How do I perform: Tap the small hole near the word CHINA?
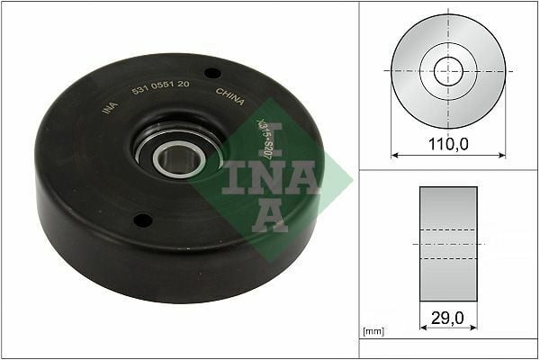[x=212, y=73]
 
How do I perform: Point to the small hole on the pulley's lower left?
[x=140, y=219]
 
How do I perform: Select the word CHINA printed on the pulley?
[x=230, y=96]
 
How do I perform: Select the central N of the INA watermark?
[x=269, y=175]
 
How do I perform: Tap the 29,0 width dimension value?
[x=448, y=317]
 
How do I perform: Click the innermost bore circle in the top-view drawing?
[x=448, y=71]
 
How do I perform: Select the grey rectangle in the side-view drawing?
[x=448, y=243]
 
